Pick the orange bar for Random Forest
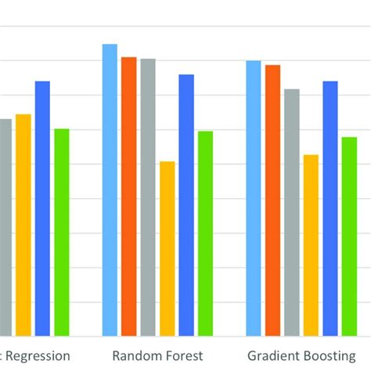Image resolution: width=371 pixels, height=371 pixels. pos(128,196)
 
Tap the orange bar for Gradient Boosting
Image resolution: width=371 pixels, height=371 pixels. pos(272,200)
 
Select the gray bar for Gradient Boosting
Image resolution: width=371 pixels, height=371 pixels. pos(292,212)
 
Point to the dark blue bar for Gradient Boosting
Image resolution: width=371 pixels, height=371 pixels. pos(330,208)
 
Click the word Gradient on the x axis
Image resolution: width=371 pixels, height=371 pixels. pos(271,355)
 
